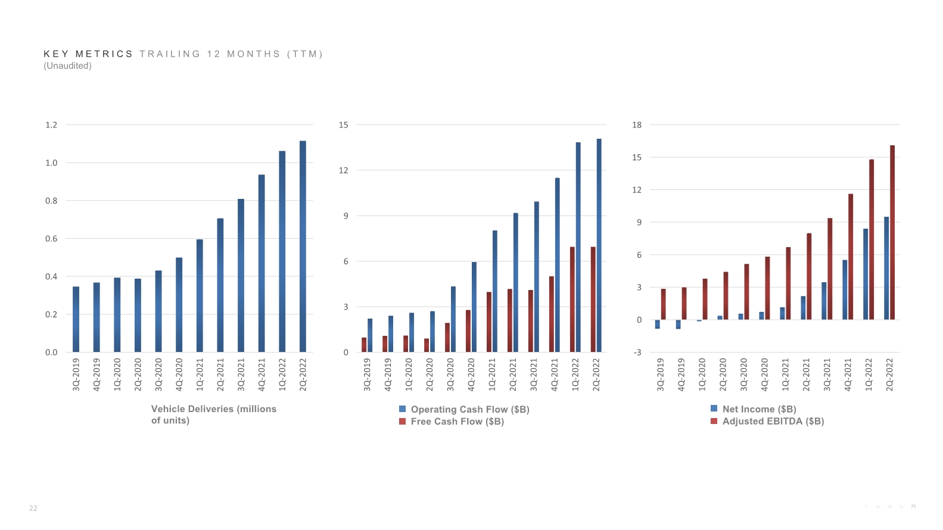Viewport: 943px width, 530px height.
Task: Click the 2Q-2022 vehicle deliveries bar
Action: (x=303, y=247)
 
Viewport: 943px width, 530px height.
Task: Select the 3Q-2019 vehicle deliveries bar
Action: (x=76, y=319)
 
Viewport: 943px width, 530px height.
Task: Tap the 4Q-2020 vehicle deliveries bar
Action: (x=179, y=305)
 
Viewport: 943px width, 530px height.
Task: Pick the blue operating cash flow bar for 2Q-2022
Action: (x=599, y=245)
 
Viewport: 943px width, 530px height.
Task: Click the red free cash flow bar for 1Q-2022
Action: (x=572, y=300)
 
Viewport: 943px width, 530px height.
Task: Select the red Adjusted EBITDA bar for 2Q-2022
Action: (x=892, y=232)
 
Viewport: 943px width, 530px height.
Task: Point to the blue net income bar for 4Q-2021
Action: (x=845, y=290)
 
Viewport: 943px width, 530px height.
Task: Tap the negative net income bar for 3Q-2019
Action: (x=658, y=325)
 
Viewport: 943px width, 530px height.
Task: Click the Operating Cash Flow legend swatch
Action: (x=403, y=409)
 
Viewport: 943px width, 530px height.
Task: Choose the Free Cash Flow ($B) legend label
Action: (x=457, y=422)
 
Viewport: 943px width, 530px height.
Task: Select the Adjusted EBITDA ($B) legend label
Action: (x=773, y=421)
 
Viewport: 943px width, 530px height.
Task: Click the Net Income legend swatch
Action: (x=714, y=409)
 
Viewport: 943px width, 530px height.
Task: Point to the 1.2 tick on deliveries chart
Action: (x=51, y=125)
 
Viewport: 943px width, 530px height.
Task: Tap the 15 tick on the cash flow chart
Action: (x=344, y=125)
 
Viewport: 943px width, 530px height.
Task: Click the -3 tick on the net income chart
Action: (x=637, y=353)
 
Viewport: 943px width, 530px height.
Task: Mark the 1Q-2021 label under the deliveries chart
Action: (x=200, y=374)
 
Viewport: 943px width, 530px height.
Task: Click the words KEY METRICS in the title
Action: (x=88, y=54)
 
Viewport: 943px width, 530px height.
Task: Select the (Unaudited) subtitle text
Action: (x=67, y=66)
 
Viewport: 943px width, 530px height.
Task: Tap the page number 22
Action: (x=33, y=509)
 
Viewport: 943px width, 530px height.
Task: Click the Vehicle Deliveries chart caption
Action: (x=213, y=414)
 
